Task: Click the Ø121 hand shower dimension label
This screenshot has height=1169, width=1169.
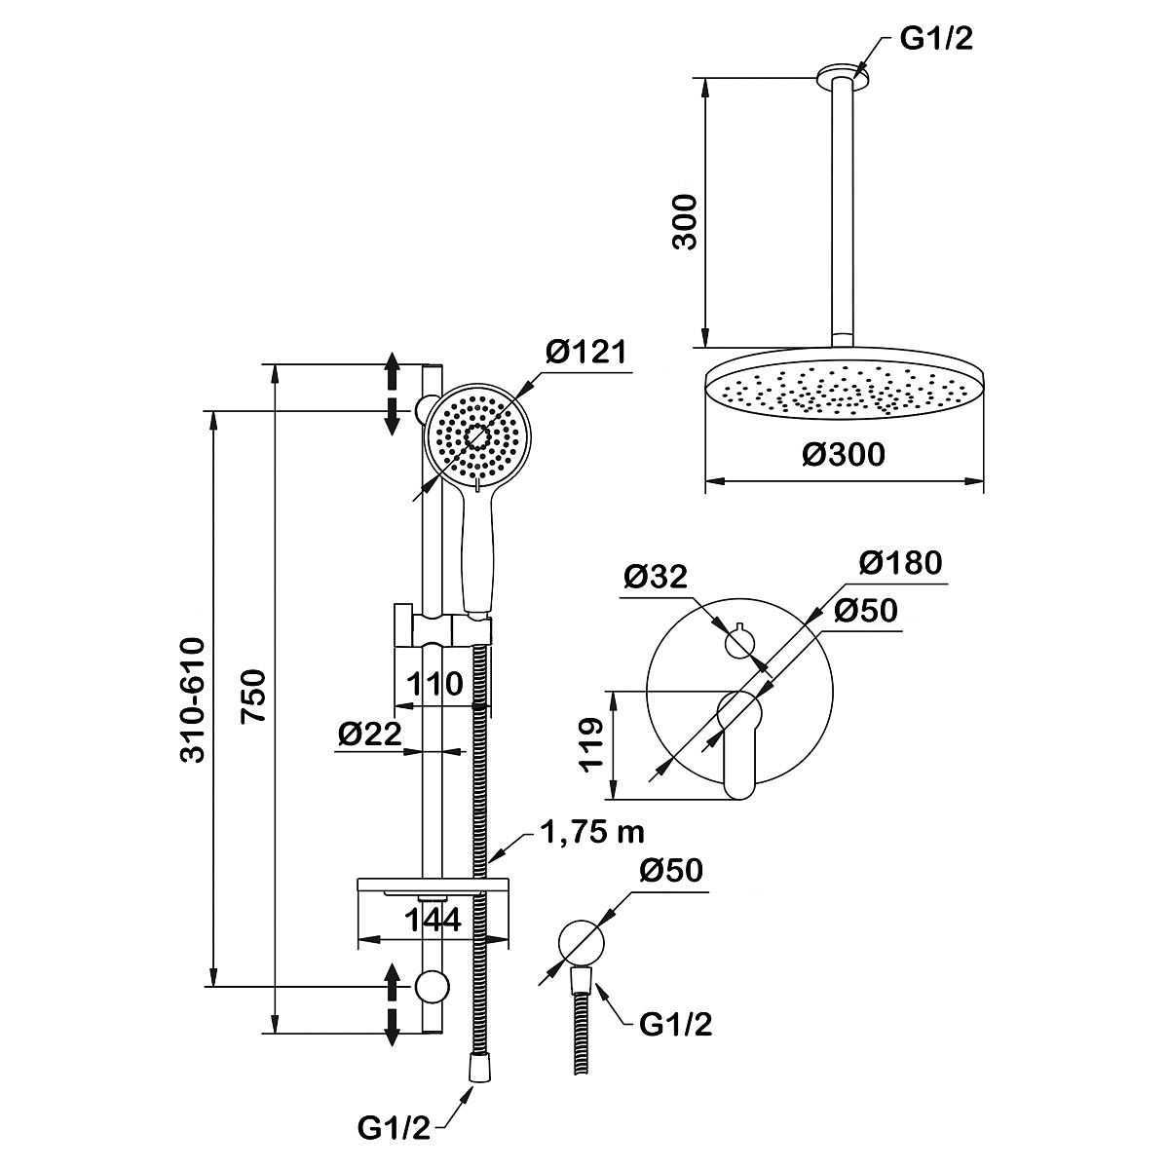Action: (584, 353)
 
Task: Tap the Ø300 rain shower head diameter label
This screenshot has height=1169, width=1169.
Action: (845, 454)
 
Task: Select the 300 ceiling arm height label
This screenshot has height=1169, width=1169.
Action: (687, 222)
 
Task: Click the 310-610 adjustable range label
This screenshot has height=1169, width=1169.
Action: (193, 699)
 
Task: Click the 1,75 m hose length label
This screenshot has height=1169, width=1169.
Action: (590, 833)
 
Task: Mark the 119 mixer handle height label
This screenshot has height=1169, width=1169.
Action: (590, 746)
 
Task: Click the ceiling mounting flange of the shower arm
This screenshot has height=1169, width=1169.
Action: (842, 71)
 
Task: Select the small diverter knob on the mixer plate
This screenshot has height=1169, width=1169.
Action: (740, 642)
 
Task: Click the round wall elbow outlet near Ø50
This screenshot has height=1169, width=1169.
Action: (583, 942)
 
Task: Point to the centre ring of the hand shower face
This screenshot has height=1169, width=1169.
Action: (477, 437)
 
